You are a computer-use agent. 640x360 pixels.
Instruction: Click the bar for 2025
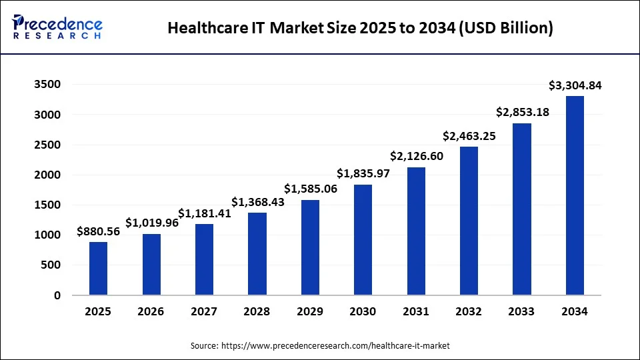click(98, 269)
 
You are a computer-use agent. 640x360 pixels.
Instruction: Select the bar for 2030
click(363, 240)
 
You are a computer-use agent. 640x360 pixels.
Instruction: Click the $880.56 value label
click(98, 231)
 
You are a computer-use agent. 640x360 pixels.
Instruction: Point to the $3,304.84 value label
click(575, 85)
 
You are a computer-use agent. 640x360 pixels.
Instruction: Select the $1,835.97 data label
click(363, 173)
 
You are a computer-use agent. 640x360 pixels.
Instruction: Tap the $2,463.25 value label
click(469, 136)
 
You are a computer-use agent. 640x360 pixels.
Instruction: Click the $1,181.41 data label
click(204, 213)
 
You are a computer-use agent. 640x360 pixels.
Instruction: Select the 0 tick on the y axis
click(57, 295)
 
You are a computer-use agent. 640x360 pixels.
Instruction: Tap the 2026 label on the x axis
click(151, 311)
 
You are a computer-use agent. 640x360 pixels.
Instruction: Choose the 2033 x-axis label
click(522, 311)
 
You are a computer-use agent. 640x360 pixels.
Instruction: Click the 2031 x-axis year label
click(416, 311)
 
